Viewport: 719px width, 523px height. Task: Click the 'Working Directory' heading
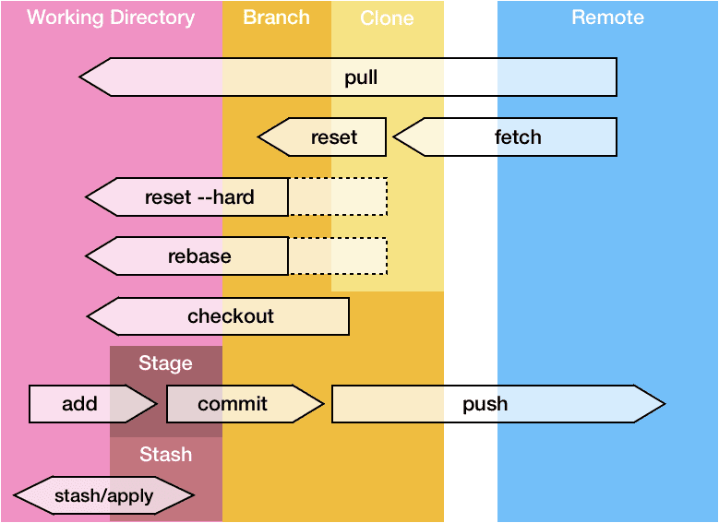click(x=111, y=18)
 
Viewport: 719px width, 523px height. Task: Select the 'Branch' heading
click(x=276, y=18)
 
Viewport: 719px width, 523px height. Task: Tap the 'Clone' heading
click(x=387, y=18)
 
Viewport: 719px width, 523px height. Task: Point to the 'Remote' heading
click(x=607, y=18)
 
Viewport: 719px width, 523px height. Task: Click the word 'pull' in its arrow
click(x=361, y=77)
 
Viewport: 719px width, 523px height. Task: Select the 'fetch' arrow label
click(x=518, y=137)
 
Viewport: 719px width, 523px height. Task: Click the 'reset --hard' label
click(x=199, y=196)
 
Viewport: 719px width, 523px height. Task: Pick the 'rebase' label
click(x=199, y=256)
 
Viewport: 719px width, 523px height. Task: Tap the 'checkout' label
click(x=231, y=316)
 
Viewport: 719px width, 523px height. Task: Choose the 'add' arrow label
click(x=80, y=404)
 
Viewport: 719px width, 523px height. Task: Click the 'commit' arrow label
click(x=233, y=404)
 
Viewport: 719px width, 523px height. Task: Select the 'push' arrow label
click(x=485, y=404)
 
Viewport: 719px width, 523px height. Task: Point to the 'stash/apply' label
click(x=104, y=496)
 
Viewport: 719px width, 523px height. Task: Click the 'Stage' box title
click(x=165, y=363)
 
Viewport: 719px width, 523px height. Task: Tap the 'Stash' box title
click(x=166, y=454)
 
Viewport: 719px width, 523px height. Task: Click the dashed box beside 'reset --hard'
click(x=338, y=196)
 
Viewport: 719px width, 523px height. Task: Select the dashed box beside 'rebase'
click(x=338, y=256)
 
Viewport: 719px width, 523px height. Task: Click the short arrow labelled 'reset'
click(x=323, y=137)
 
